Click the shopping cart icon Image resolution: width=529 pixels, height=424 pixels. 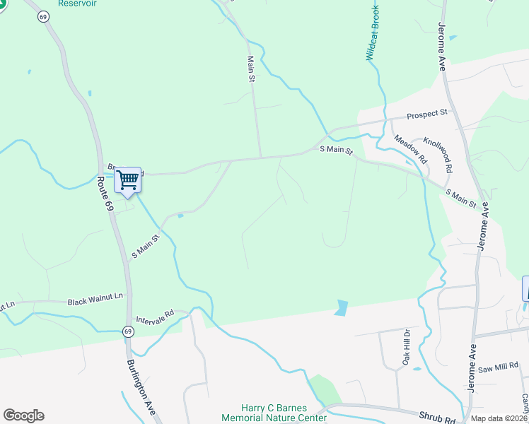click(127, 179)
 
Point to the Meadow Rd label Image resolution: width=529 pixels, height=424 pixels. click(411, 149)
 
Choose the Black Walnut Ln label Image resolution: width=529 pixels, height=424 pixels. click(95, 302)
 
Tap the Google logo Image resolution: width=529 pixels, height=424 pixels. click(23, 416)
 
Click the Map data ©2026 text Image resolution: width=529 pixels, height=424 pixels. click(499, 418)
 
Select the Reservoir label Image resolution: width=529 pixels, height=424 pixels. click(78, 4)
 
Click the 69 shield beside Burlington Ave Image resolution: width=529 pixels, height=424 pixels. click(127, 331)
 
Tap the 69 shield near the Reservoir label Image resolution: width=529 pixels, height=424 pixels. click(44, 16)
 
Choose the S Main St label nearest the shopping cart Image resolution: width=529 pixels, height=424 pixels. click(146, 245)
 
